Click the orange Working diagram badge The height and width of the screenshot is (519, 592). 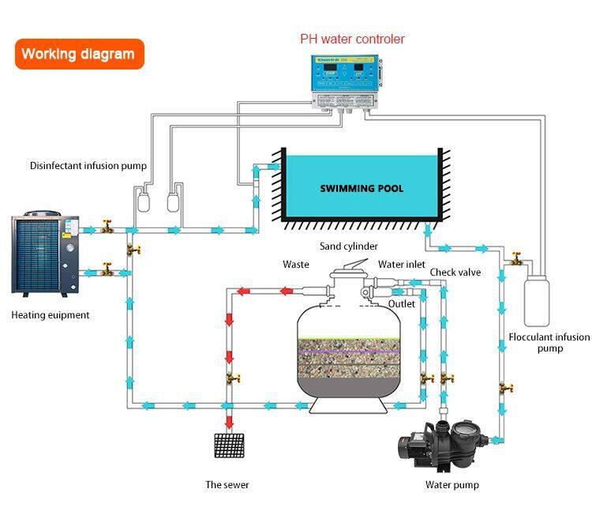click(x=79, y=55)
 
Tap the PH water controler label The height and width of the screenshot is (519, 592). click(x=352, y=39)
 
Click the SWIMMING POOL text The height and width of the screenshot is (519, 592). click(x=362, y=189)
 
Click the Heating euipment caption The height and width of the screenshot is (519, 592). click(x=51, y=315)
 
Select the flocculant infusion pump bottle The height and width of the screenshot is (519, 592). click(x=538, y=299)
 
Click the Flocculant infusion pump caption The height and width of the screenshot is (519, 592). click(x=549, y=343)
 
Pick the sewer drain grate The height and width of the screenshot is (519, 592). click(x=229, y=446)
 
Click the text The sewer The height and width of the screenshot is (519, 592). click(x=228, y=484)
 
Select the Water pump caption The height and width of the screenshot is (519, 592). click(x=452, y=484)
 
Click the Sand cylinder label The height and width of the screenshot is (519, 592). click(x=348, y=246)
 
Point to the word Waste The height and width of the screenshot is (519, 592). click(x=296, y=265)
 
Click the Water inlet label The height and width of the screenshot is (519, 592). click(x=401, y=265)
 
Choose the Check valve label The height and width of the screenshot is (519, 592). click(x=455, y=273)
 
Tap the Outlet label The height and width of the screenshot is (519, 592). click(x=402, y=303)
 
